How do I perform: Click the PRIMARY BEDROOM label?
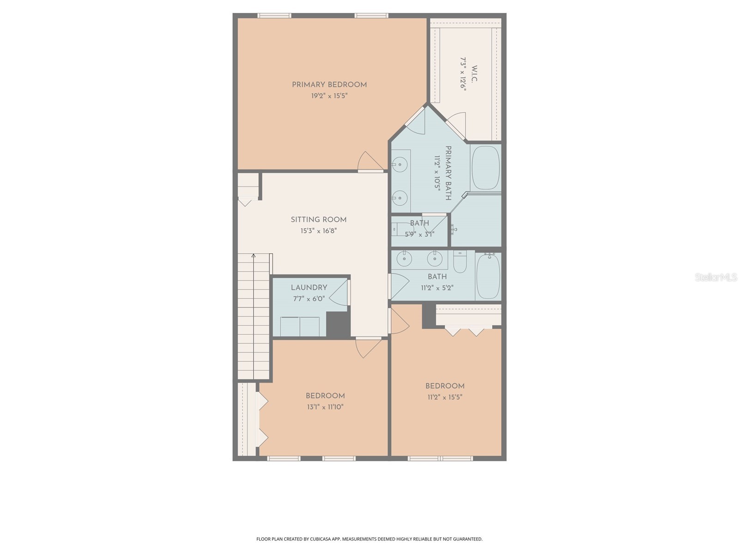[329, 85]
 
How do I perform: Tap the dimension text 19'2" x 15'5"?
[329, 96]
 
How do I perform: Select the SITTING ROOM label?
[319, 220]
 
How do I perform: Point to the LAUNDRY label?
[309, 288]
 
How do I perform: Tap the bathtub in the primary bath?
[485, 168]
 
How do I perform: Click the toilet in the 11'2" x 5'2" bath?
[460, 261]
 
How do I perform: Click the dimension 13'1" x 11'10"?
[325, 407]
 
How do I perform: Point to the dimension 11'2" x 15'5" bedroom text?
[445, 397]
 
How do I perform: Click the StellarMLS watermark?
[716, 277]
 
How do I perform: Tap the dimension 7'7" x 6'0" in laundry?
[309, 299]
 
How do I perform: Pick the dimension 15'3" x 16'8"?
[319, 231]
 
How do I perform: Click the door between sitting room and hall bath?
[398, 286]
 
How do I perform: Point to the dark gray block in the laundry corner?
[339, 324]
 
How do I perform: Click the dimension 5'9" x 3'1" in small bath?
[419, 234]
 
